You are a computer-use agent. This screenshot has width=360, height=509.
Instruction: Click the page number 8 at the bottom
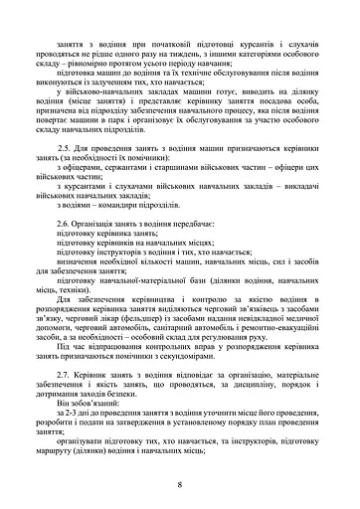click(180, 484)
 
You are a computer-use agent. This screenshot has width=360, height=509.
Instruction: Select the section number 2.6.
click(66, 224)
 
